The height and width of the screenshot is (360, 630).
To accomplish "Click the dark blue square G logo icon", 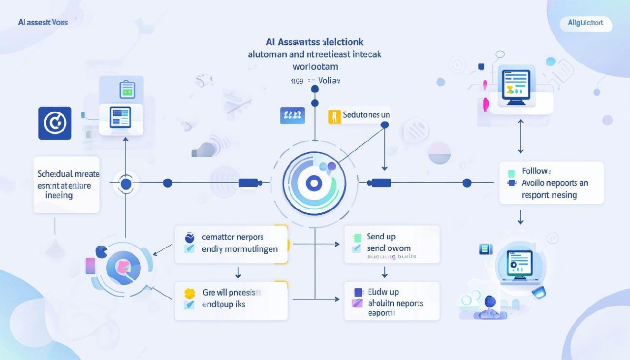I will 55,123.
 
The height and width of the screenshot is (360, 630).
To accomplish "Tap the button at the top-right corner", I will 586,23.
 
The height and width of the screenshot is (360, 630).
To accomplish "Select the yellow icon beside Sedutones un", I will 335,117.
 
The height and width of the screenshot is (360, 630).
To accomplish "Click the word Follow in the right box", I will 536,171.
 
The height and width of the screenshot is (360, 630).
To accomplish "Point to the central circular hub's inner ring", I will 314,184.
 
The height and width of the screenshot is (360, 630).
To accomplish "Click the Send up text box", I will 391,244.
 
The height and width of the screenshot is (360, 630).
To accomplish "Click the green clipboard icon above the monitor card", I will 127,90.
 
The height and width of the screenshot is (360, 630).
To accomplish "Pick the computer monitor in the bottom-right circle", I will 519,264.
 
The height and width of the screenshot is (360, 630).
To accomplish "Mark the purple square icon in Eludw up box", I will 358,292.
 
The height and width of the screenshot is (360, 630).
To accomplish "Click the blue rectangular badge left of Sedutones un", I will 292,116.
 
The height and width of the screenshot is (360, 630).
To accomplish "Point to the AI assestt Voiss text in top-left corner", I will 43,23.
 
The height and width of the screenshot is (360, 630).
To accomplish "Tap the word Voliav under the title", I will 329,80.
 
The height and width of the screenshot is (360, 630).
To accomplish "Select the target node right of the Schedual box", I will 126,184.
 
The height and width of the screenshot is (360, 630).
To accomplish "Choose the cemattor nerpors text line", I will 232,237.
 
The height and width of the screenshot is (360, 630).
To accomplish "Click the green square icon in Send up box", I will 358,238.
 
